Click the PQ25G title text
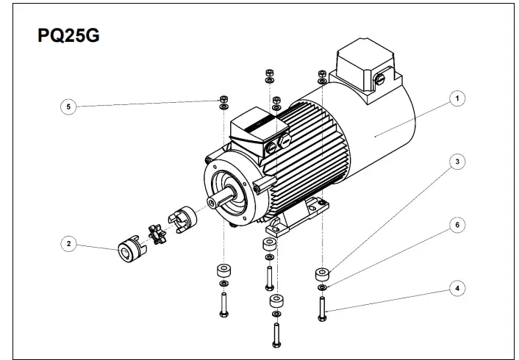(68, 36)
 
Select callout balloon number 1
(457, 98)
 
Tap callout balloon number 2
(68, 243)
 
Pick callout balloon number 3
(457, 162)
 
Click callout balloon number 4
(457, 289)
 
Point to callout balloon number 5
(68, 107)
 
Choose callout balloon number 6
(457, 225)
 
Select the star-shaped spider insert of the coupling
(157, 234)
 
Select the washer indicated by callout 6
(323, 287)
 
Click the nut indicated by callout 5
(222, 98)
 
